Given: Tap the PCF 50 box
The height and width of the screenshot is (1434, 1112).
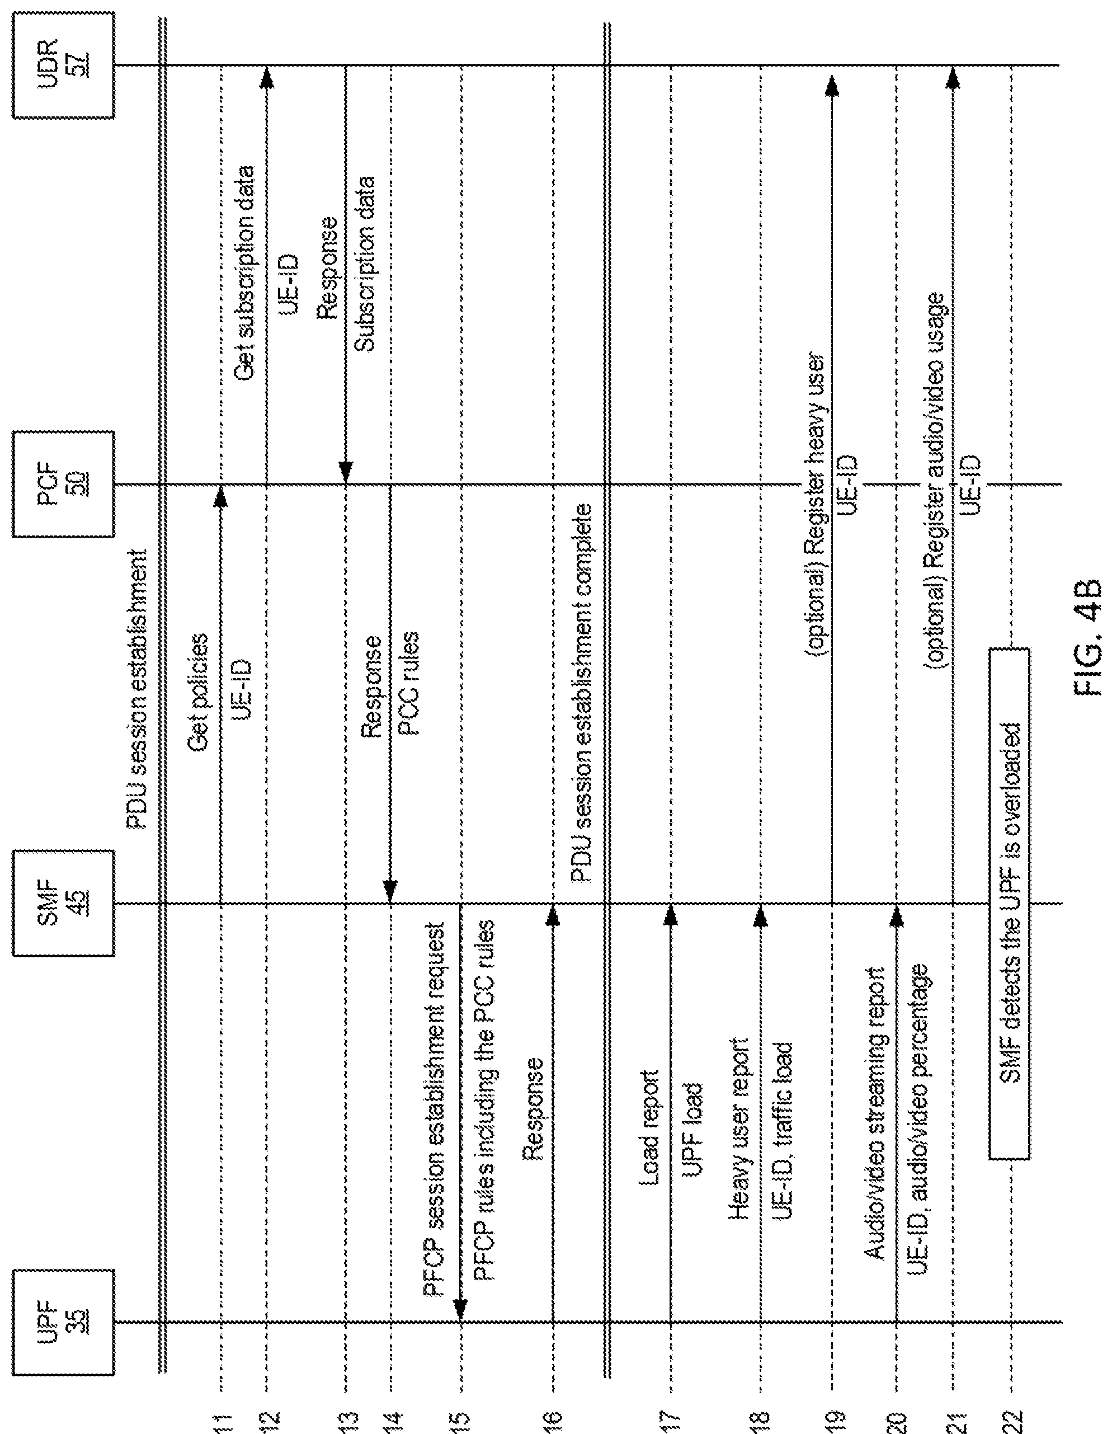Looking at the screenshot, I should click(63, 484).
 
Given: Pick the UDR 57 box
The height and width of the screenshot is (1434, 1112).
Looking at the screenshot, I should click(63, 65).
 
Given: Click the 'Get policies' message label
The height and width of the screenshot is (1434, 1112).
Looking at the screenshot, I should click(197, 693).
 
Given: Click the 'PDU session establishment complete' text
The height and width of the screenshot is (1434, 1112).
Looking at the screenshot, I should click(582, 693).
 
